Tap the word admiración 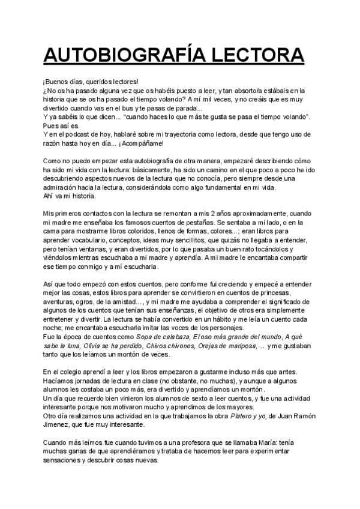click(62, 187)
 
